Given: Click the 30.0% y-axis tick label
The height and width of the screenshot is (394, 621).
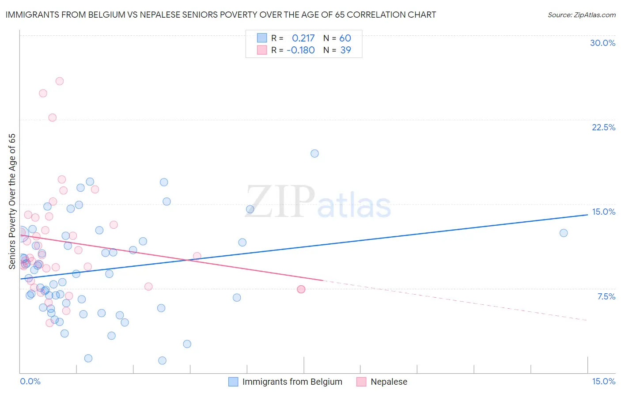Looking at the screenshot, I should point(602,43).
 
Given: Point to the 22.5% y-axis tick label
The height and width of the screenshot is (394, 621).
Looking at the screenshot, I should point(603,127).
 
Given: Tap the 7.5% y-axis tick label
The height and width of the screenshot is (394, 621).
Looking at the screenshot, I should point(606,296).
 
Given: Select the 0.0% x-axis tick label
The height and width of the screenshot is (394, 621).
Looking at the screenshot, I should point(30,381).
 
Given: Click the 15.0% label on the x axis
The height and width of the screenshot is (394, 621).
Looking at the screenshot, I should point(603,381).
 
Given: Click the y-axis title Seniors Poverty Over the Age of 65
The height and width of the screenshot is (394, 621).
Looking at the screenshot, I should point(12,201).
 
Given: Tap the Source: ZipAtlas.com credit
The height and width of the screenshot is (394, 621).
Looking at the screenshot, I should point(581,15).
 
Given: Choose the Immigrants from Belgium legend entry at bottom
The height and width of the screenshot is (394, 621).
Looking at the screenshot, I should point(292,382).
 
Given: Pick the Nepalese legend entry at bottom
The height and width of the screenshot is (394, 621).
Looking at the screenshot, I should point(389,382).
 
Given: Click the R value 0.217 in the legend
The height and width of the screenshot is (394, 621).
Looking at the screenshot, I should point(303,38).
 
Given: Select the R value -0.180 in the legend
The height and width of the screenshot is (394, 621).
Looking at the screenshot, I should point(300,50).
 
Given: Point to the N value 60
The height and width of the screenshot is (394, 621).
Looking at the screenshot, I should point(345,38).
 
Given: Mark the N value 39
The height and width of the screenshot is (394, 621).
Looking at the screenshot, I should point(345,50).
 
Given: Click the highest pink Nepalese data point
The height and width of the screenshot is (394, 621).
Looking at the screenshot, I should point(60,81).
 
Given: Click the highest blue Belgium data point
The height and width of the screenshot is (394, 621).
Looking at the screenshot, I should point(314,153).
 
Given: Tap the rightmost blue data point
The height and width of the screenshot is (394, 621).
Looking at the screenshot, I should point(564,233).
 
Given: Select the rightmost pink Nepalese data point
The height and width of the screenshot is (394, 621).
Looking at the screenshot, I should point(301,289).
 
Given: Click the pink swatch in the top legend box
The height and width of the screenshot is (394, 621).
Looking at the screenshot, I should point(262,50).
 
